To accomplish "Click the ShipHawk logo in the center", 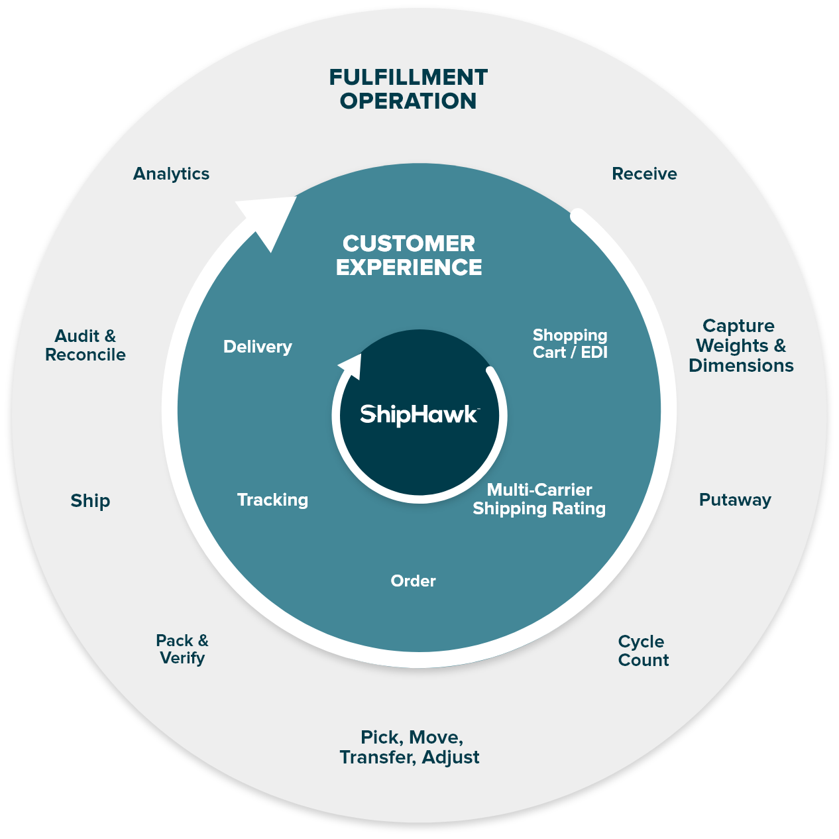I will pos(419,414).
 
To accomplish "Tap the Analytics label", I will pos(171,174).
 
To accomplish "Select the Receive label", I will pos(644,174).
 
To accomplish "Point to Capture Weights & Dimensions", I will pos(740,345).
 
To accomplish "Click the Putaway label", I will pos(735,500).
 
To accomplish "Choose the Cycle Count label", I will pos(643,651).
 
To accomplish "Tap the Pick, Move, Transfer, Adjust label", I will pos(410,747).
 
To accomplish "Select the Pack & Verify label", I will pos(182,649).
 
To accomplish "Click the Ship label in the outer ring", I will pos(90,500).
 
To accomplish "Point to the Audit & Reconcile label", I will pos(85,345).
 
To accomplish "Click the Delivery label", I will pos(257,347).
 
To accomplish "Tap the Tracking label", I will pos(272,500).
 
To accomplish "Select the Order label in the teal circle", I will pos(413,581).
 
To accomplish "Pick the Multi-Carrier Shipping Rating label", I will pos(539,499).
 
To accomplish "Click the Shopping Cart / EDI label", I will pos(570,343).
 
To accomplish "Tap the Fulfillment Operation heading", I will pos(408,89).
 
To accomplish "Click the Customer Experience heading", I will pos(409,255).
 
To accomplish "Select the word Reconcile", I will pos(85,355).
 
